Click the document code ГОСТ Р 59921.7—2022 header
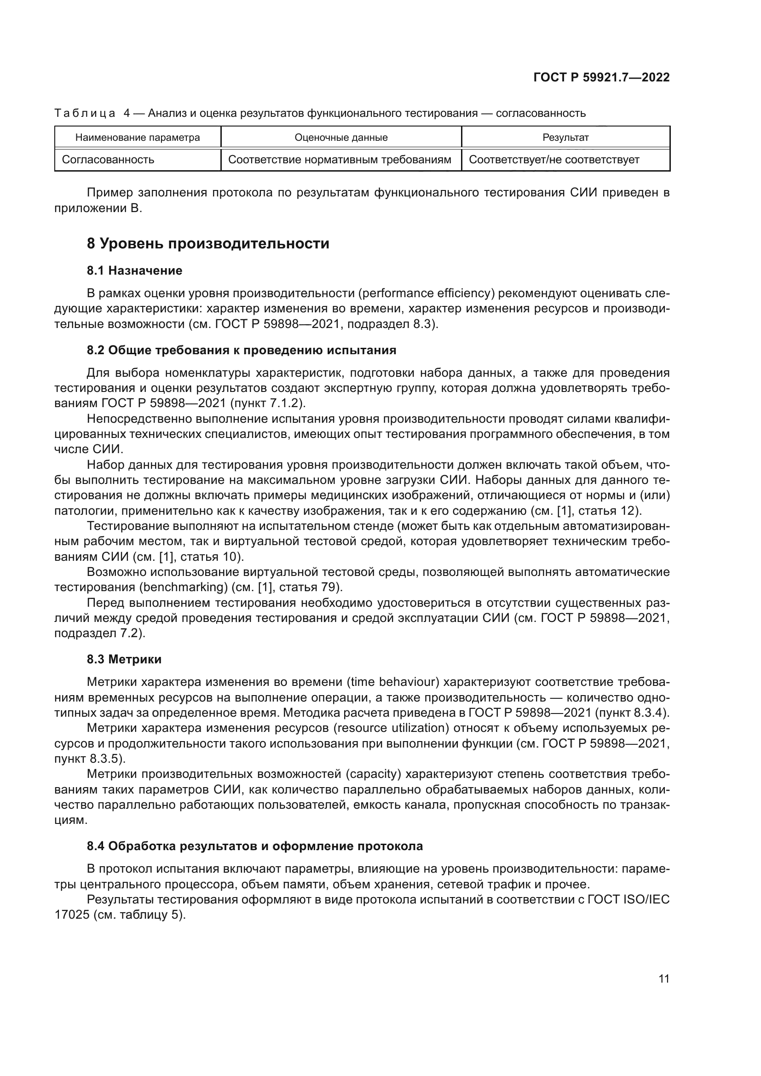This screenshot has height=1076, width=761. pyautogui.click(x=601, y=77)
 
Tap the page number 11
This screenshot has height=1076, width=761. pyautogui.click(x=663, y=978)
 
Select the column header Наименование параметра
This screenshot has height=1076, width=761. pyautogui.click(x=137, y=137)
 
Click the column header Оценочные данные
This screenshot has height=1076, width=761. pyautogui.click(x=340, y=137)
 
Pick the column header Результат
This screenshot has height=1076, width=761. pyautogui.click(x=565, y=137)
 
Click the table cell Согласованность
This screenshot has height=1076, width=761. pyautogui.click(x=108, y=160)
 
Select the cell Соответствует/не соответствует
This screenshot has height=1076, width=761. pyautogui.click(x=554, y=160)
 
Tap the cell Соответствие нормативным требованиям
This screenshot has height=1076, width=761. pyautogui.click(x=339, y=160)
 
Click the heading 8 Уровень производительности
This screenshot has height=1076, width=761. pyautogui.click(x=208, y=244)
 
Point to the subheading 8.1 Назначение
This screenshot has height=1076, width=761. pyautogui.click(x=134, y=270)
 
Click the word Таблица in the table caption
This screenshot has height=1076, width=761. pyautogui.click(x=85, y=114)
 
